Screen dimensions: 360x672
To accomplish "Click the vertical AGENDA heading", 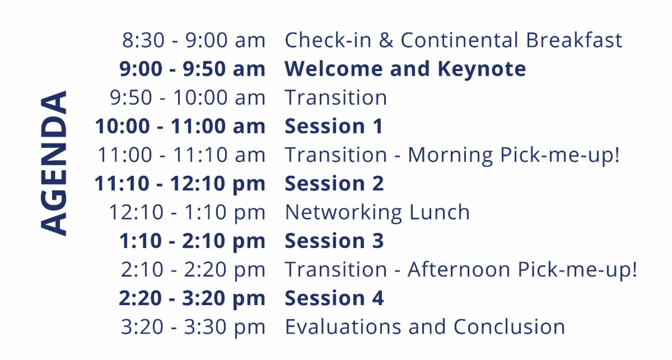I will pos(54,162).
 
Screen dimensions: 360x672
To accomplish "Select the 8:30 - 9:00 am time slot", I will pos(193,40).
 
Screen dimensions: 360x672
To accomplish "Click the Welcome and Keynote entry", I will pos(405,69).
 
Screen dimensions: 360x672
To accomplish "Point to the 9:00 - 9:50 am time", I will pos(192,69).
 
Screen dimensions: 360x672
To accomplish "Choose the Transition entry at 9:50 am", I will pos(335,97).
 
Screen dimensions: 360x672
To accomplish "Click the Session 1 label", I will pos(334,126).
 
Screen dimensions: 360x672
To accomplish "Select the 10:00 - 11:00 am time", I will pos(180,126).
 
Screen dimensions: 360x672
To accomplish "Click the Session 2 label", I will pos(334,184).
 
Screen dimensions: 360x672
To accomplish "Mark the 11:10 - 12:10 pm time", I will pos(180,184).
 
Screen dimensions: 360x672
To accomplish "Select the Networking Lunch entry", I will pos(377,212).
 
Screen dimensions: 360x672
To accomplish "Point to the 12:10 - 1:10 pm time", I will pos(187,212).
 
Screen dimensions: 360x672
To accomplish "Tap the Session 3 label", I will pos(334,241).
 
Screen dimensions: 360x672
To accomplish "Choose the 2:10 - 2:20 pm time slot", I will pos(193,270).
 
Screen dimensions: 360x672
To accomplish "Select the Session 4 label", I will pos(334,298).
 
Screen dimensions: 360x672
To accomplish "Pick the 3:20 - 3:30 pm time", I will pos(193,327).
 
